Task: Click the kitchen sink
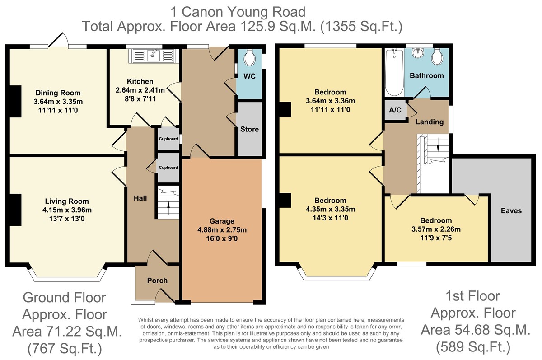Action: (154, 56)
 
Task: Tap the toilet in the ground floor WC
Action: (249, 57)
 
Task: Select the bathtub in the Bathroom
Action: (394, 72)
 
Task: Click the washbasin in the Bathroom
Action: (418, 53)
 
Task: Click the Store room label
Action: (249, 129)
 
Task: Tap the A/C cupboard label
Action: (395, 110)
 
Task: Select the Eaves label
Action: (511, 210)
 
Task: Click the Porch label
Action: (157, 281)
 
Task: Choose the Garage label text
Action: (222, 221)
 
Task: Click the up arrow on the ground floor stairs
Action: (168, 207)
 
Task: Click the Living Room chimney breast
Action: (15, 210)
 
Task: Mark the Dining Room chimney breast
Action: (15, 101)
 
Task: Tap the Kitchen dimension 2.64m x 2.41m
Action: (140, 90)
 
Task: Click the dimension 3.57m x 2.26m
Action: (436, 229)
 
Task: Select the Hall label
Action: (140, 198)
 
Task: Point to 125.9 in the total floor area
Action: (257, 26)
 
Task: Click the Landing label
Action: (430, 122)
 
